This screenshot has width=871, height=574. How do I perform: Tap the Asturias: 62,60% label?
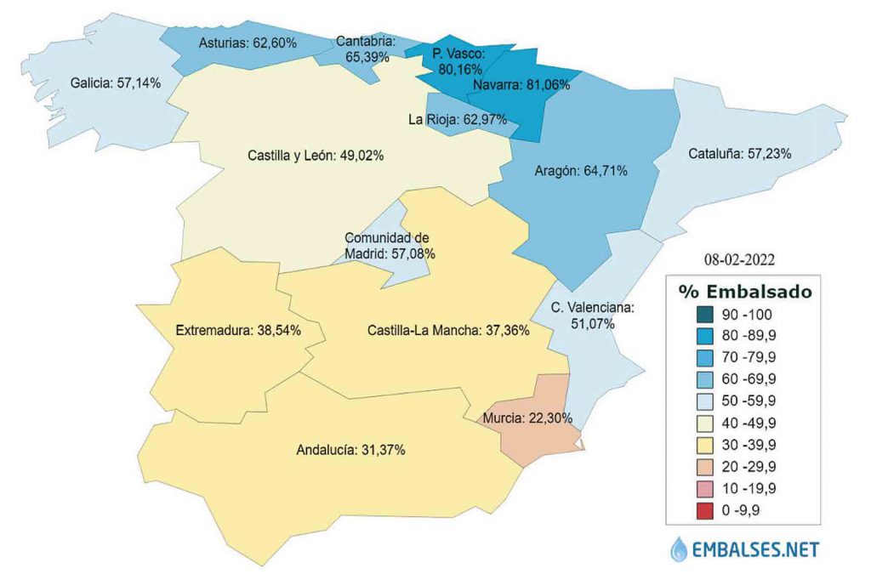pos(248,42)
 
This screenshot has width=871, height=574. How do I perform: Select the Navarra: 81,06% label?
pos(521,84)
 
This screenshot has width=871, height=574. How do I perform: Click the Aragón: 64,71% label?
pos(581,171)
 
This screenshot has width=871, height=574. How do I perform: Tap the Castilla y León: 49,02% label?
pos(316,156)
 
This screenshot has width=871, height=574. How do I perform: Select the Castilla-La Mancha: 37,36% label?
pos(449,329)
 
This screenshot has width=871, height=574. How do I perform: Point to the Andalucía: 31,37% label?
pos(350,450)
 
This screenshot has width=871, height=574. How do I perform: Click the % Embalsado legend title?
pos(744,291)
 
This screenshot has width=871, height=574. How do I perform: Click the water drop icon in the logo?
pos(680,548)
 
